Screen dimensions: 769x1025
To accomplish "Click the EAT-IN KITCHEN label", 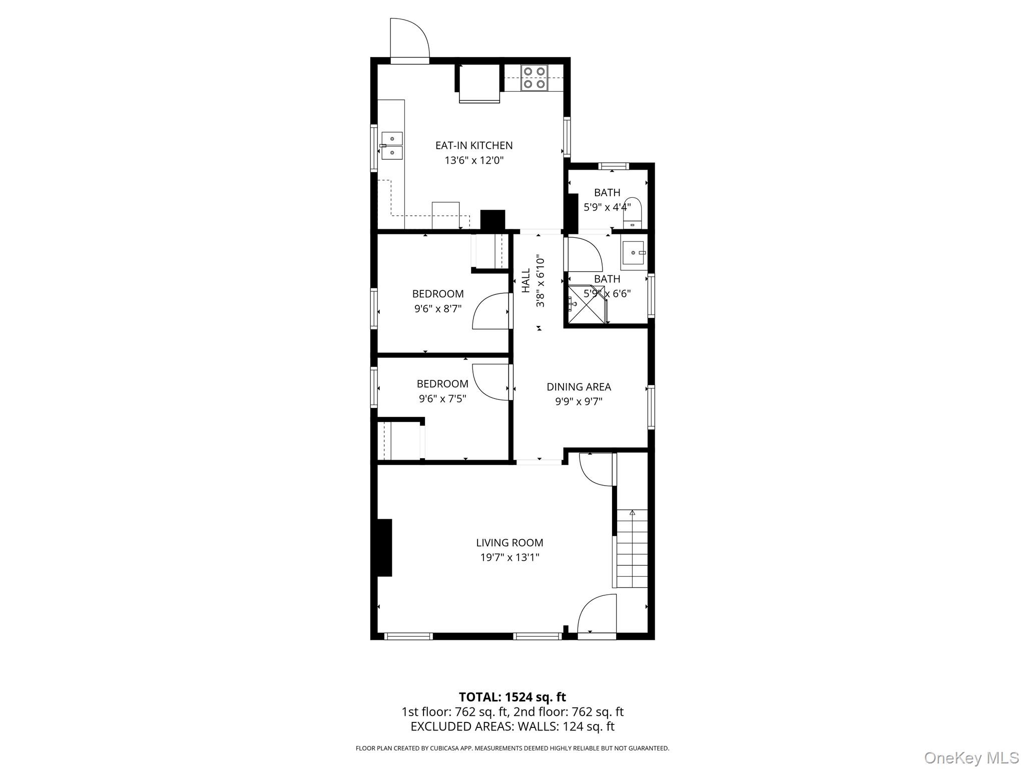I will pyautogui.click(x=473, y=145).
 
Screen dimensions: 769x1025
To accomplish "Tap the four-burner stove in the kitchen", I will pyautogui.click(x=534, y=78).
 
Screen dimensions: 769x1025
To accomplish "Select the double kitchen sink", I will pyautogui.click(x=392, y=145).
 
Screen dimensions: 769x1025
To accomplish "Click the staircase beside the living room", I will pyautogui.click(x=632, y=548).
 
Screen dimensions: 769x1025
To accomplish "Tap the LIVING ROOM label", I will pyautogui.click(x=509, y=542).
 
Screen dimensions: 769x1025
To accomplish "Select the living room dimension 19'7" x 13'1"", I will pyautogui.click(x=509, y=557).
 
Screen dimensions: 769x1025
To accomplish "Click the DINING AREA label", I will pyautogui.click(x=579, y=387).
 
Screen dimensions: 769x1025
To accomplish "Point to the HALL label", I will pyautogui.click(x=526, y=281).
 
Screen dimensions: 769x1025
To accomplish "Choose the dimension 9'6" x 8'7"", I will pyautogui.click(x=437, y=309).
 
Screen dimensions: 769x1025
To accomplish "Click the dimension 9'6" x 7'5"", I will pyautogui.click(x=442, y=399).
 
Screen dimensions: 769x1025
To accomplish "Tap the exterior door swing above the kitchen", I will pyautogui.click(x=409, y=39).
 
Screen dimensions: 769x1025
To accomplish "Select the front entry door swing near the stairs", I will pyautogui.click(x=597, y=615).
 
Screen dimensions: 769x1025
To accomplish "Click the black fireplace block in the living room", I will pyautogui.click(x=384, y=548).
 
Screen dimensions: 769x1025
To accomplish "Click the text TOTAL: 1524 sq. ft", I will pyautogui.click(x=512, y=697).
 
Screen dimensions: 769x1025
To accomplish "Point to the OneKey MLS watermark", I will pyautogui.click(x=971, y=757).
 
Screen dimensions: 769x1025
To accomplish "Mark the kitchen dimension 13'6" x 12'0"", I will pyautogui.click(x=473, y=160).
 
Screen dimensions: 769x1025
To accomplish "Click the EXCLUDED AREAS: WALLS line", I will pyautogui.click(x=512, y=726).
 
